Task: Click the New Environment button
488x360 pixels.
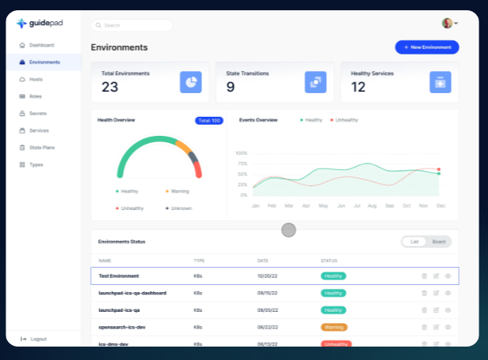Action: [x=426, y=47]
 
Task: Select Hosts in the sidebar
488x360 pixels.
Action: [x=36, y=79]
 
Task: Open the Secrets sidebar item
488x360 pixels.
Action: [x=37, y=113]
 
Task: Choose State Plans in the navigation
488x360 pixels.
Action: [x=41, y=148]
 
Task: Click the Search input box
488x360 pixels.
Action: [x=132, y=25]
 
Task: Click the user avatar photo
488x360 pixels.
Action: [x=447, y=24]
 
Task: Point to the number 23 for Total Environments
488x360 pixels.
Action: [x=110, y=87]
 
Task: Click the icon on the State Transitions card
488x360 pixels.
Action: [x=315, y=82]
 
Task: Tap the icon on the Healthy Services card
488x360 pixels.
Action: [x=440, y=82]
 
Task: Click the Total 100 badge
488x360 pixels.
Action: [x=209, y=121]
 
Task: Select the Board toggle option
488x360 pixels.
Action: [x=438, y=242]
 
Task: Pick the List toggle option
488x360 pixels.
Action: [x=415, y=242]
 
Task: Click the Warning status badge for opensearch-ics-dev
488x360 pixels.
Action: [x=333, y=327]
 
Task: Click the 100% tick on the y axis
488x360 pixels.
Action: [x=242, y=153]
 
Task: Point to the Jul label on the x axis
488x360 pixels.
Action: [x=357, y=205]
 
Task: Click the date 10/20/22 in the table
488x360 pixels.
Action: [x=266, y=276]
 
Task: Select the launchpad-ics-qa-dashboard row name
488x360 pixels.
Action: [x=132, y=293]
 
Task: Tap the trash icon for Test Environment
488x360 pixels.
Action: [x=424, y=276]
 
